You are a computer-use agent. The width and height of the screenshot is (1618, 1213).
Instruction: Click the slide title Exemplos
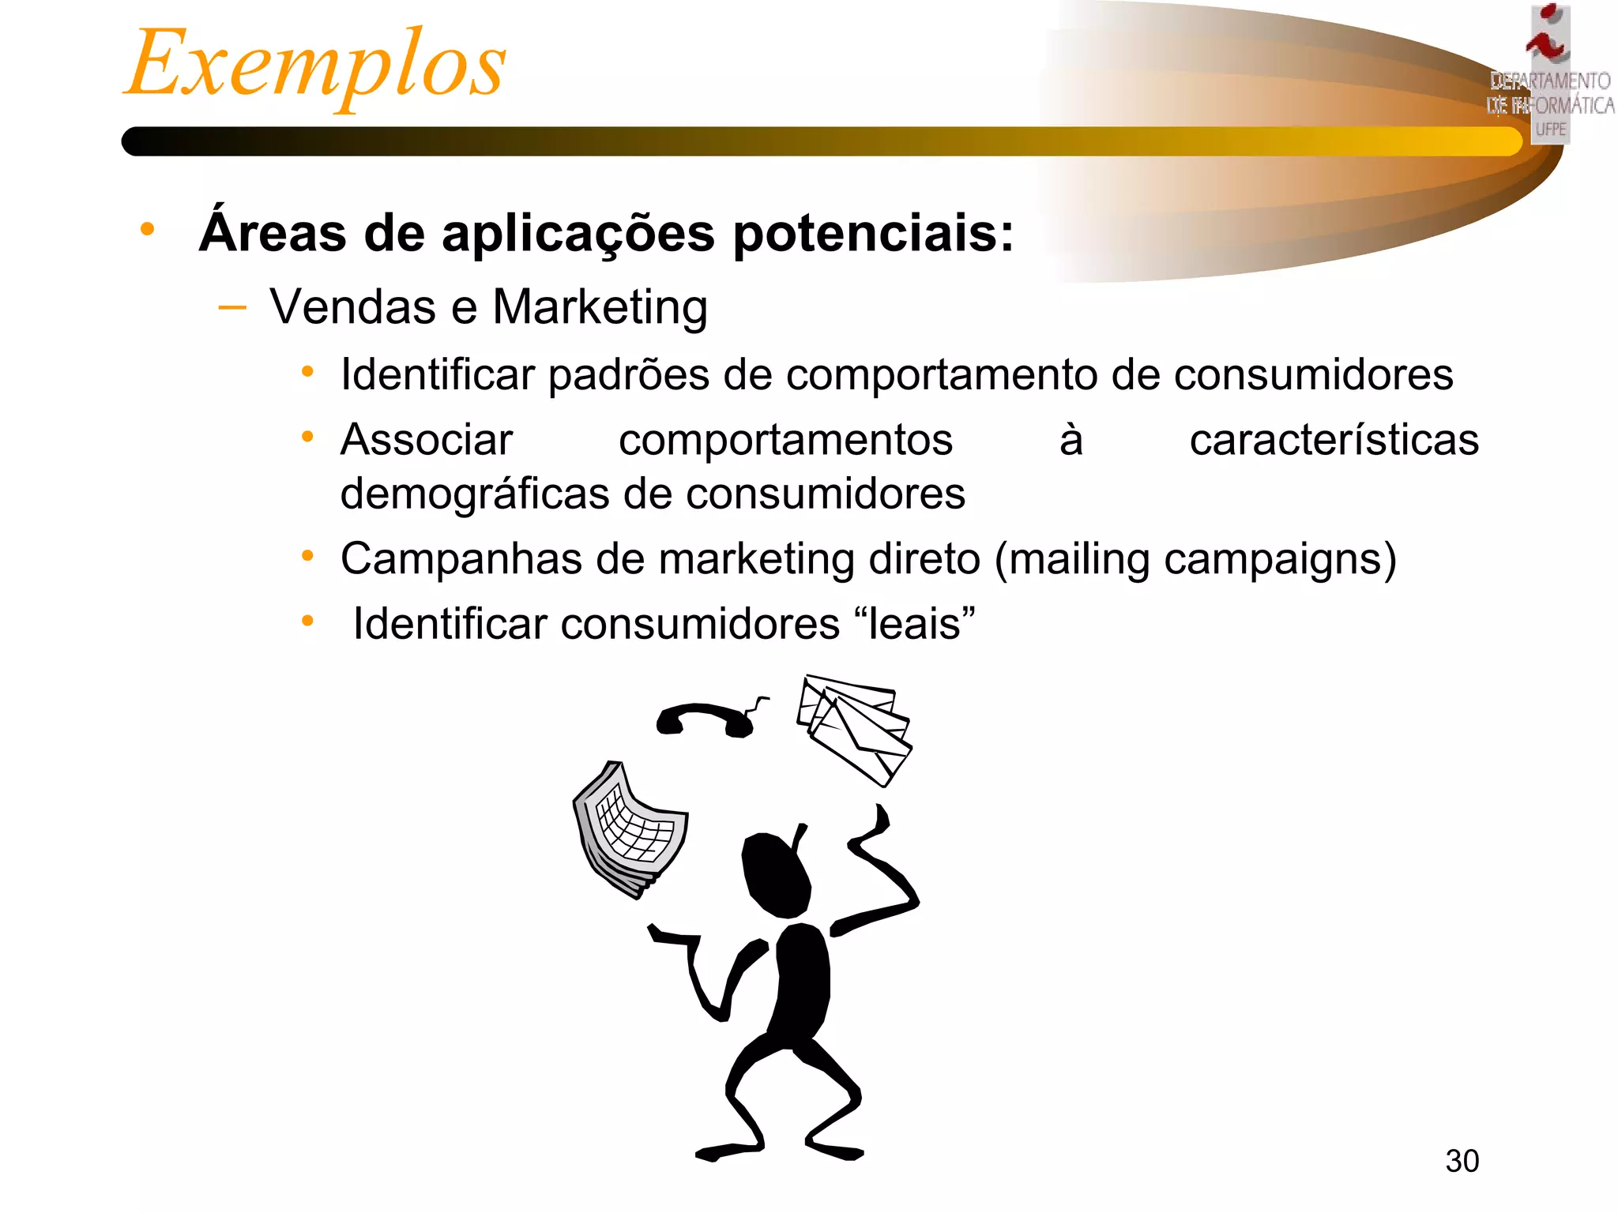click(316, 65)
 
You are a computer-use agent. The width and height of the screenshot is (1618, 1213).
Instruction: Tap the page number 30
click(1462, 1161)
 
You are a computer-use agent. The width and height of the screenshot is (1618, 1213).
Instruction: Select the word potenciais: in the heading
click(873, 234)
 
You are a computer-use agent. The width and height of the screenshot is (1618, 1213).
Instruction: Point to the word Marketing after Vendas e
click(600, 307)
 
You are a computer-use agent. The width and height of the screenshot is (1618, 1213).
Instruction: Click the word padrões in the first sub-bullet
click(628, 375)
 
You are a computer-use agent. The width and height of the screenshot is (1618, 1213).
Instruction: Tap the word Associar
click(427, 440)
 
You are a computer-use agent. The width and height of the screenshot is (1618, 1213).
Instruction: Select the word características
click(1334, 440)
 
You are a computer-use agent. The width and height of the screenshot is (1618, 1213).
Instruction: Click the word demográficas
click(475, 494)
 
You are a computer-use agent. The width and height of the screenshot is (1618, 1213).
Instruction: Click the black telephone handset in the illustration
click(707, 719)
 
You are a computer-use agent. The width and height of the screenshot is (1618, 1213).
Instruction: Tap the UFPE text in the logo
click(1551, 129)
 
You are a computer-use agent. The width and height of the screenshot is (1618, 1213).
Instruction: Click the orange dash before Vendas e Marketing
click(232, 307)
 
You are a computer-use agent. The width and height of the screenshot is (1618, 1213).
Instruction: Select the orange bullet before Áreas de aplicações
click(147, 230)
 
